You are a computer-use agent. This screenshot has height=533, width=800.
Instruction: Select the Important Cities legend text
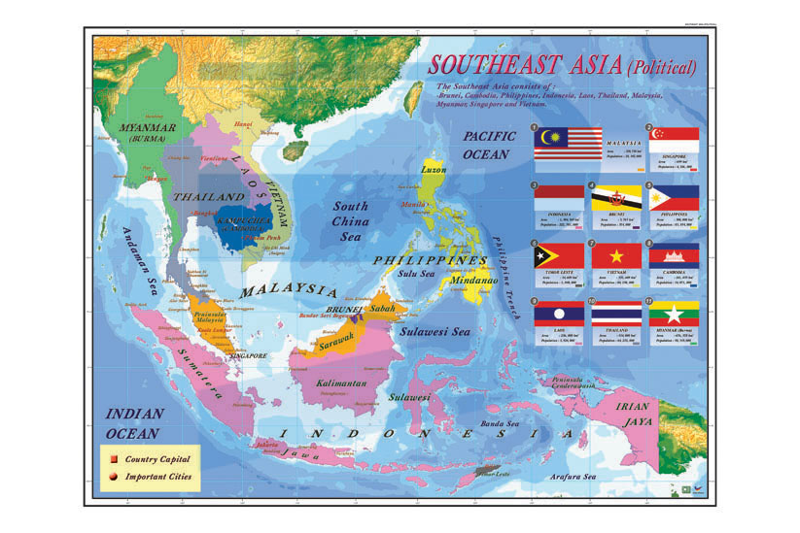157,477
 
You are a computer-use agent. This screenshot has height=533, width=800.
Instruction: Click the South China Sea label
351,220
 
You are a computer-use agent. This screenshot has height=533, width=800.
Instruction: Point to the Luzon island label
434,170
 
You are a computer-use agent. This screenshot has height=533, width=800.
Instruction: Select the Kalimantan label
340,384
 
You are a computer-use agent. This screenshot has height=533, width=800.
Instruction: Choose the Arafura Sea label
562,477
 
